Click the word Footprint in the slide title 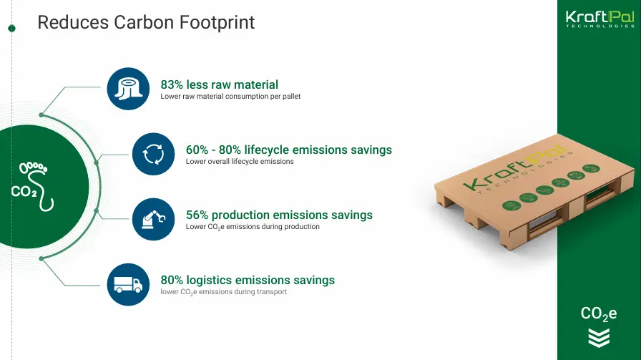click(217, 23)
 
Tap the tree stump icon click(128, 89)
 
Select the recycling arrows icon click(153, 154)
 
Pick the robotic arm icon click(153, 219)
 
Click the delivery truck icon click(128, 284)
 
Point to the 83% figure click(172, 84)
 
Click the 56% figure click(197, 215)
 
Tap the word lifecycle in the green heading click(267, 150)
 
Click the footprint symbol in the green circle click(38, 186)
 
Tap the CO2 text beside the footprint click(24, 192)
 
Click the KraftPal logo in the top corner click(600, 19)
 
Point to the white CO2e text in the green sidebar click(599, 313)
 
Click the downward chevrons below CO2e click(599, 338)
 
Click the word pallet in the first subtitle click(291, 97)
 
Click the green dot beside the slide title click(12, 28)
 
